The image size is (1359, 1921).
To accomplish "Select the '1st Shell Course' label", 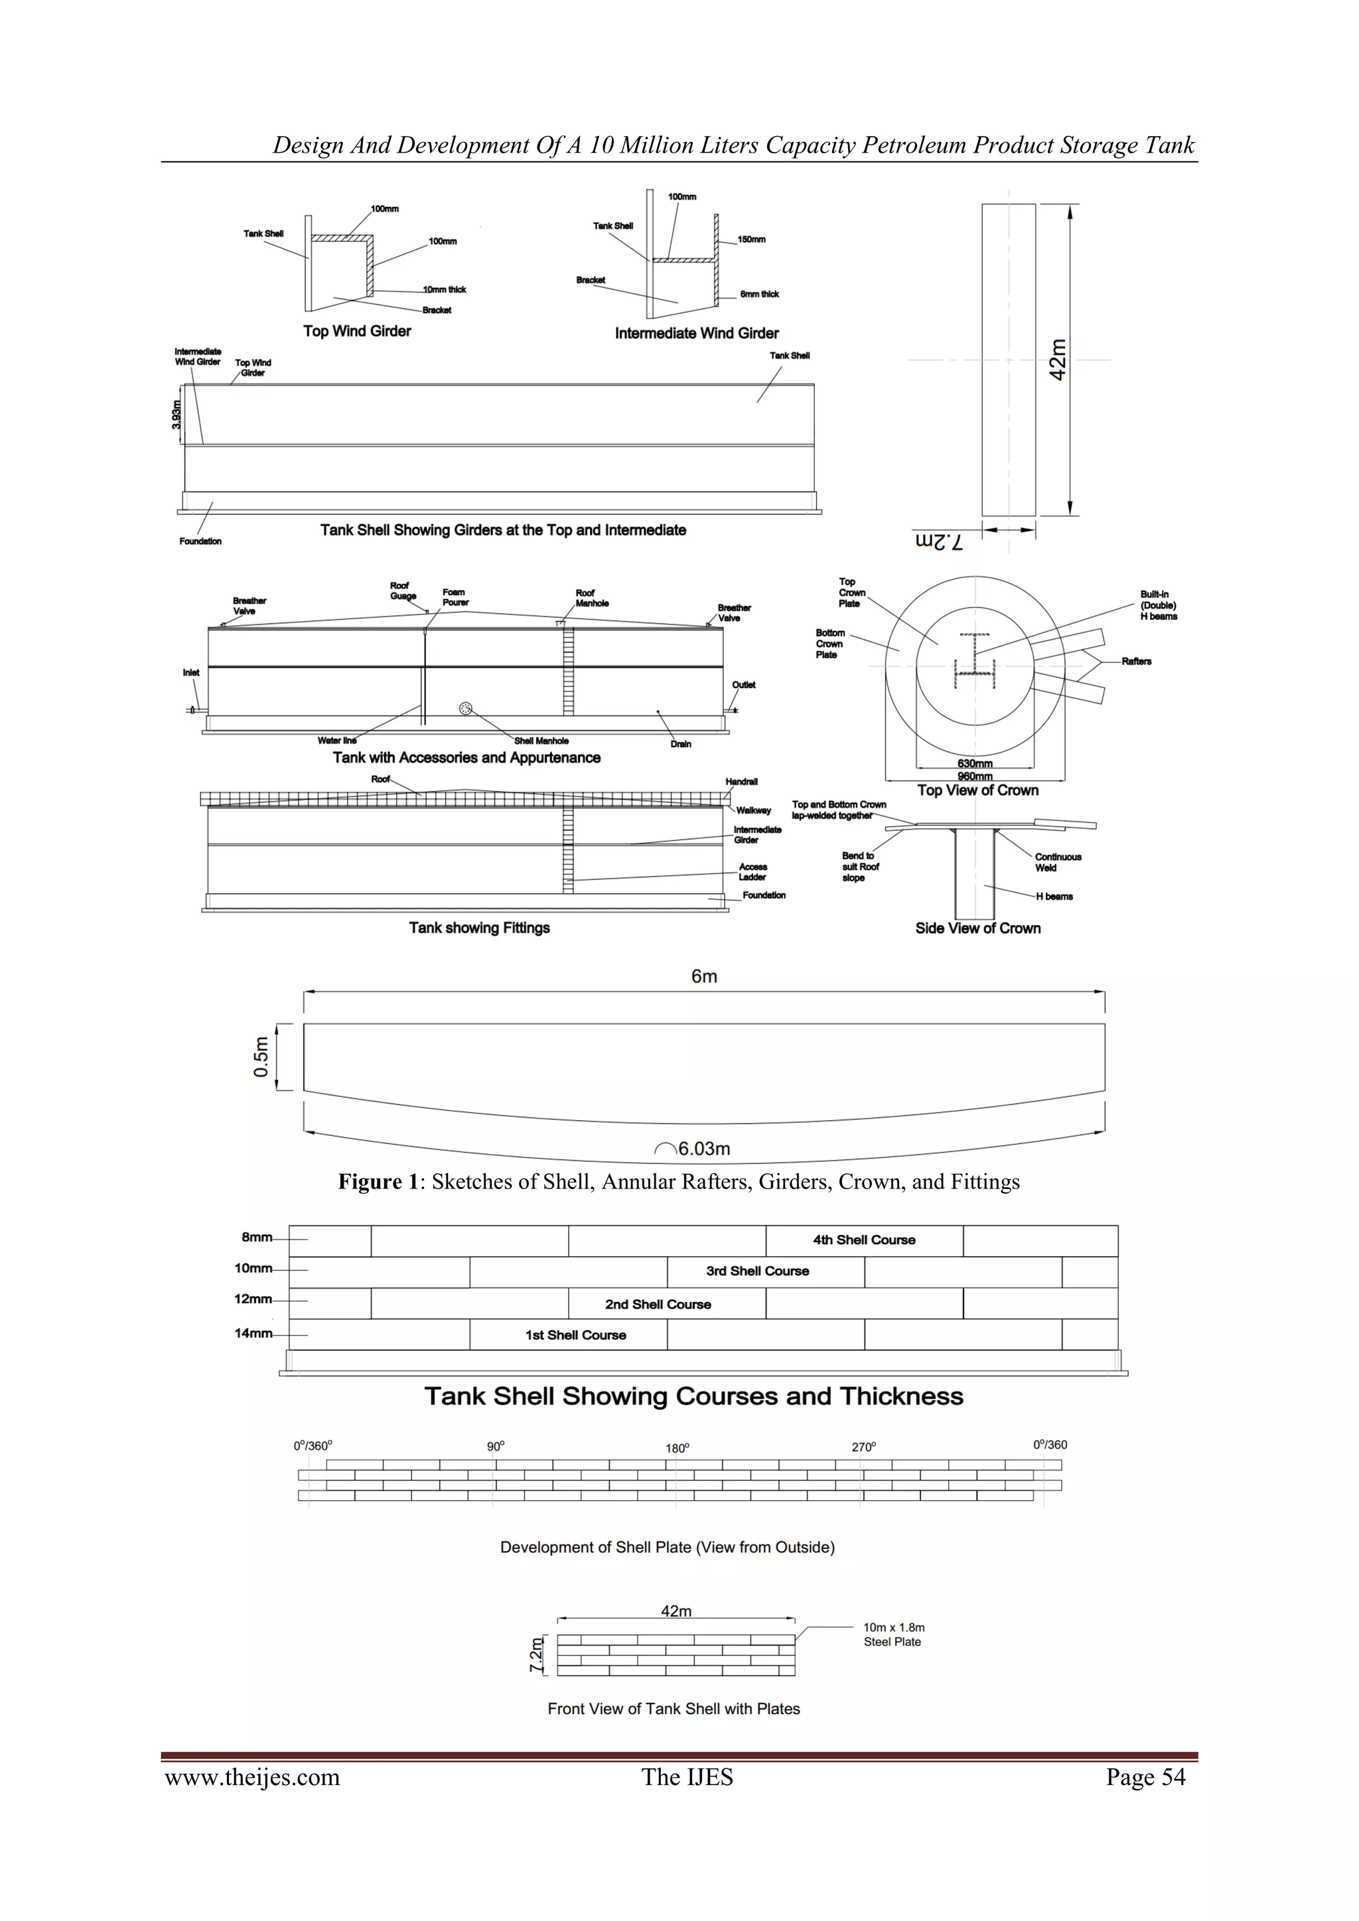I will click(x=576, y=1335).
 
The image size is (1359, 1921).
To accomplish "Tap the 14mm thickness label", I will click(x=253, y=1333).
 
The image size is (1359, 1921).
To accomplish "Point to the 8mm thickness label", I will click(x=257, y=1238).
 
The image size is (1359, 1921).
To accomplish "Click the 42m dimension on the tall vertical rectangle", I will click(x=1058, y=360).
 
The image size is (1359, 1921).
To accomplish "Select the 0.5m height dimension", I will click(x=261, y=1057).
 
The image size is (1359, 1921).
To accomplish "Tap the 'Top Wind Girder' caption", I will click(x=356, y=331).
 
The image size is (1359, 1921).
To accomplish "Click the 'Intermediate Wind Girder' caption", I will click(x=696, y=333).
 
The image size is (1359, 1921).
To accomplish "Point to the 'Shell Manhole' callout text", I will click(x=541, y=741).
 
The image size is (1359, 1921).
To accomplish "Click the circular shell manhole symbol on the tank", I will click(x=466, y=709).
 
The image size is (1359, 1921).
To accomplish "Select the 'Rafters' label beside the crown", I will click(x=1137, y=661).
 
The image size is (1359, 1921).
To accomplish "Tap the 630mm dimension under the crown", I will click(x=975, y=763).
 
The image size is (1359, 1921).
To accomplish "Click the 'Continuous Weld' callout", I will click(x=1058, y=862).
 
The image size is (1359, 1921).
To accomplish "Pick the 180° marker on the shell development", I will click(x=677, y=1449).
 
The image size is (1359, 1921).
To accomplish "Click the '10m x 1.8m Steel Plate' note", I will click(x=894, y=1634).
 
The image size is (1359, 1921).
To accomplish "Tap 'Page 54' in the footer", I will click(x=1145, y=1777).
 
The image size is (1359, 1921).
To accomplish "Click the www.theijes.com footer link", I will click(x=253, y=1777).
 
